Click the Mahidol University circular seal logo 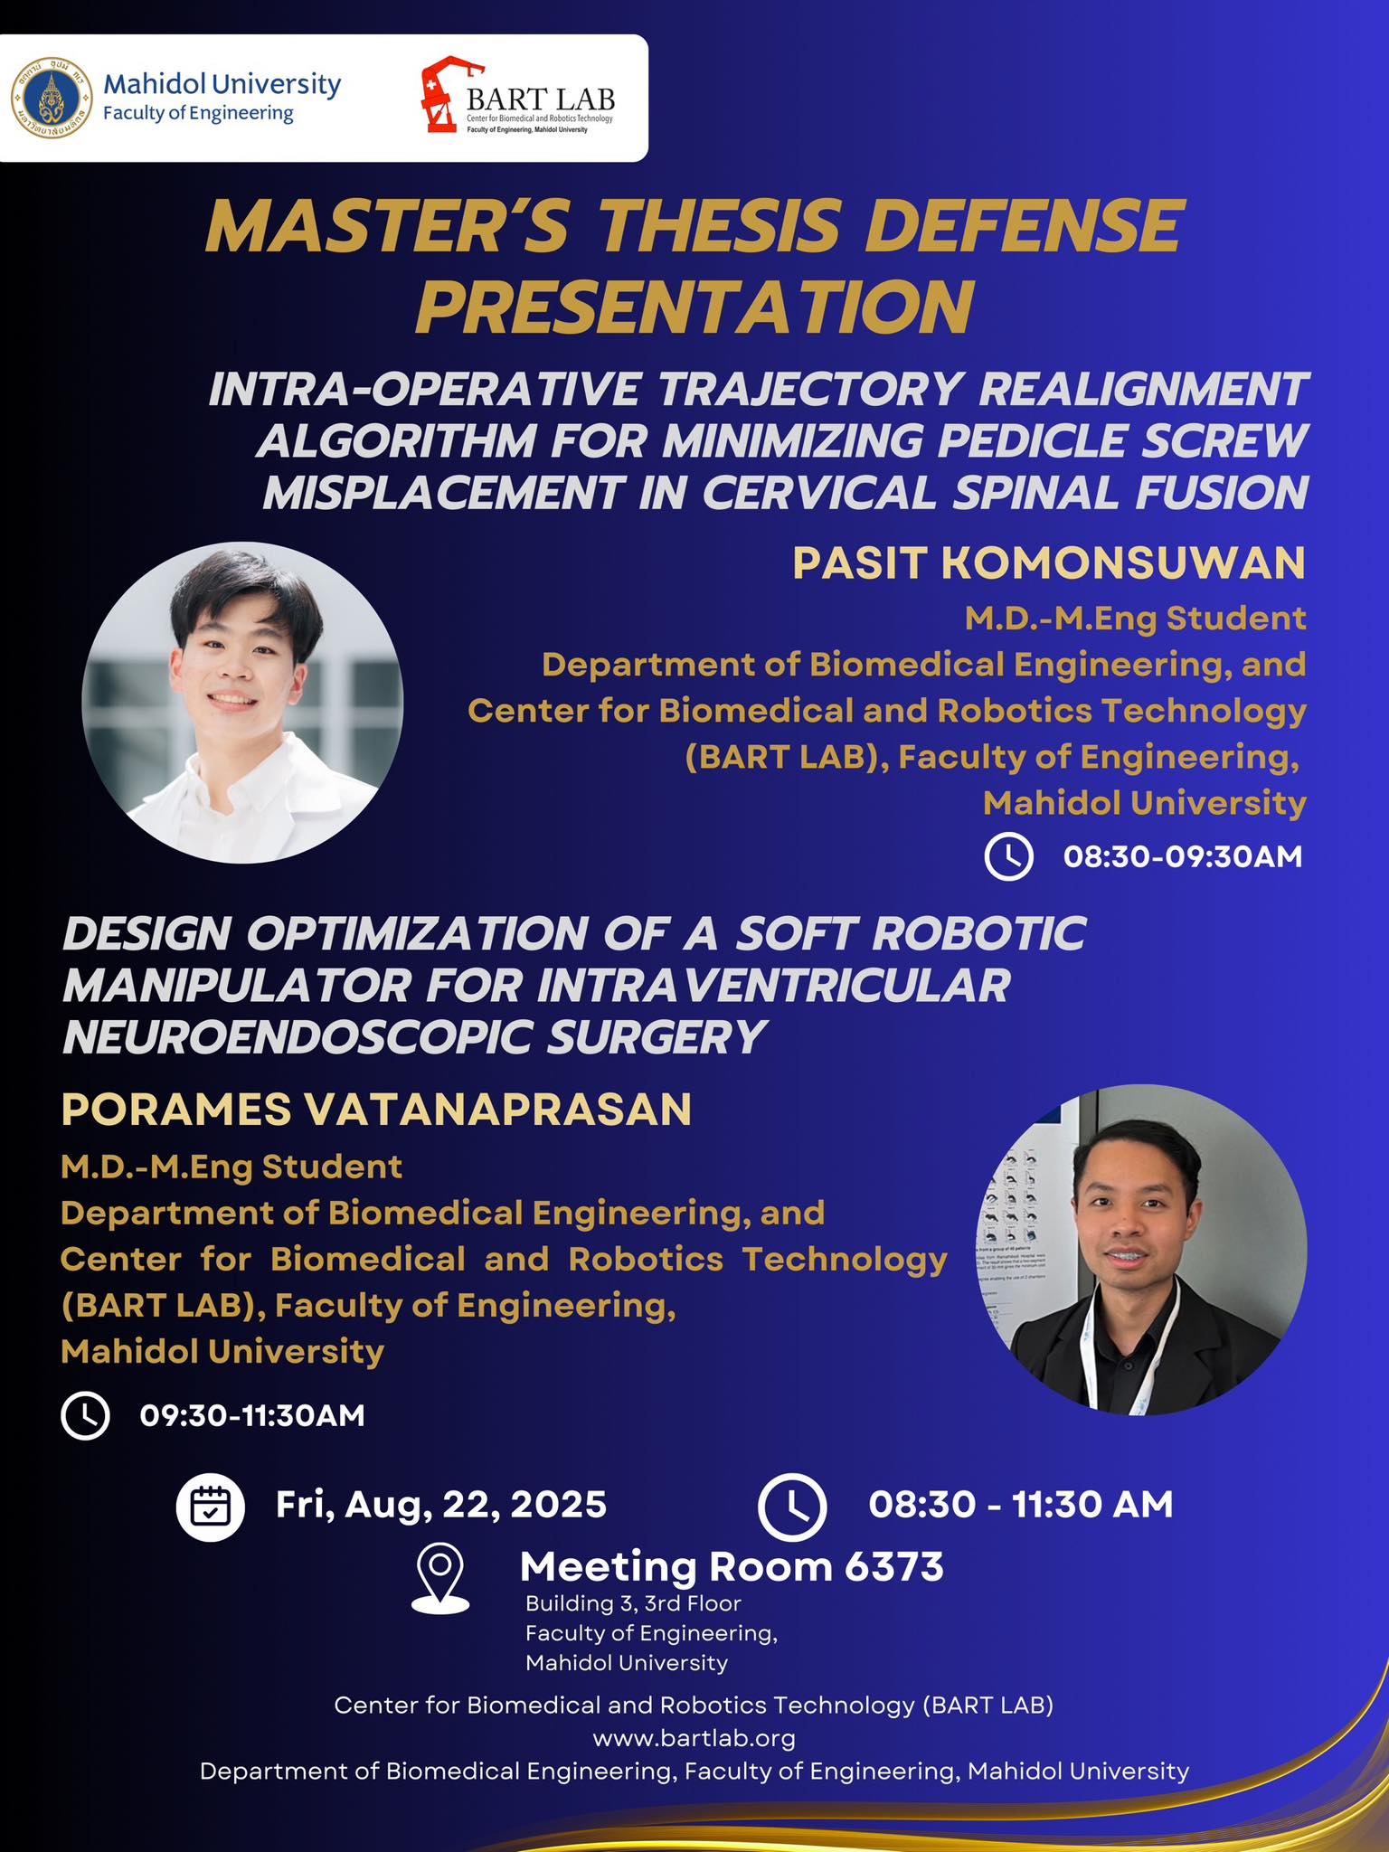click(52, 97)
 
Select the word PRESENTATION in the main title click(694, 307)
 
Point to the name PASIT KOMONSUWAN click(1049, 562)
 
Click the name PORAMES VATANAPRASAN click(376, 1110)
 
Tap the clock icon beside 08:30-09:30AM click(1008, 855)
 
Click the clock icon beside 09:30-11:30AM click(85, 1415)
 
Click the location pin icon click(440, 1579)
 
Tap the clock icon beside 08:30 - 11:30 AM click(791, 1507)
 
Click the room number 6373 click(894, 1567)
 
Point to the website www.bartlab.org click(694, 1738)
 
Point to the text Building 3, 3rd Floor click(633, 1603)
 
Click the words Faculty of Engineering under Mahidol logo click(198, 114)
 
